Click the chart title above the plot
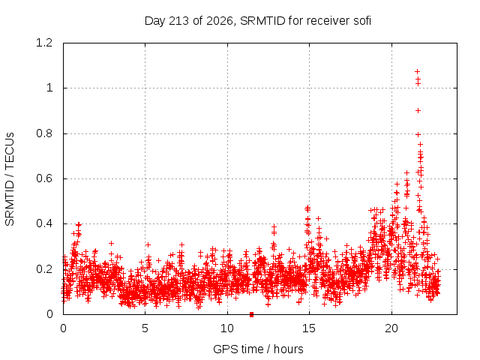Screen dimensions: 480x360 click(x=258, y=21)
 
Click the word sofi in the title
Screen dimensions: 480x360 click(x=362, y=21)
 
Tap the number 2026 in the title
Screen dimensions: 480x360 click(x=220, y=21)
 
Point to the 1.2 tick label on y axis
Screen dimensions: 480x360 click(x=44, y=43)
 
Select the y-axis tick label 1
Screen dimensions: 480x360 click(x=49, y=88)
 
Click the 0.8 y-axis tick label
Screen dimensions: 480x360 click(x=44, y=133)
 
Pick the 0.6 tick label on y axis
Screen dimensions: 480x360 click(x=44, y=178)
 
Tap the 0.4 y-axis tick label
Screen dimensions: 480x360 click(x=44, y=223)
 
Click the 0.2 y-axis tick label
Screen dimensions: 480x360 click(x=44, y=269)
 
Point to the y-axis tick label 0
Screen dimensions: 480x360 click(x=49, y=314)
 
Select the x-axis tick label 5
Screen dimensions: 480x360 click(x=145, y=328)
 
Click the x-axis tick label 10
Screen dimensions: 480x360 click(x=226, y=328)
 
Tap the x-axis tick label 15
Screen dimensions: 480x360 click(x=309, y=328)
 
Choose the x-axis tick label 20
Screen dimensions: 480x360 click(x=391, y=328)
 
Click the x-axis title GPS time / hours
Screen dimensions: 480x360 click(x=258, y=349)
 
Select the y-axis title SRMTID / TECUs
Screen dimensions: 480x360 click(x=10, y=179)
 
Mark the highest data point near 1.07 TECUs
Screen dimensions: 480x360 click(x=417, y=72)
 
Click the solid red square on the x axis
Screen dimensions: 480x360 click(x=252, y=314)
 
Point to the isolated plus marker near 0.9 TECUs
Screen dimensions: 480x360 click(x=418, y=111)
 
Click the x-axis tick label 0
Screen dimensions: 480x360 click(x=63, y=328)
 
